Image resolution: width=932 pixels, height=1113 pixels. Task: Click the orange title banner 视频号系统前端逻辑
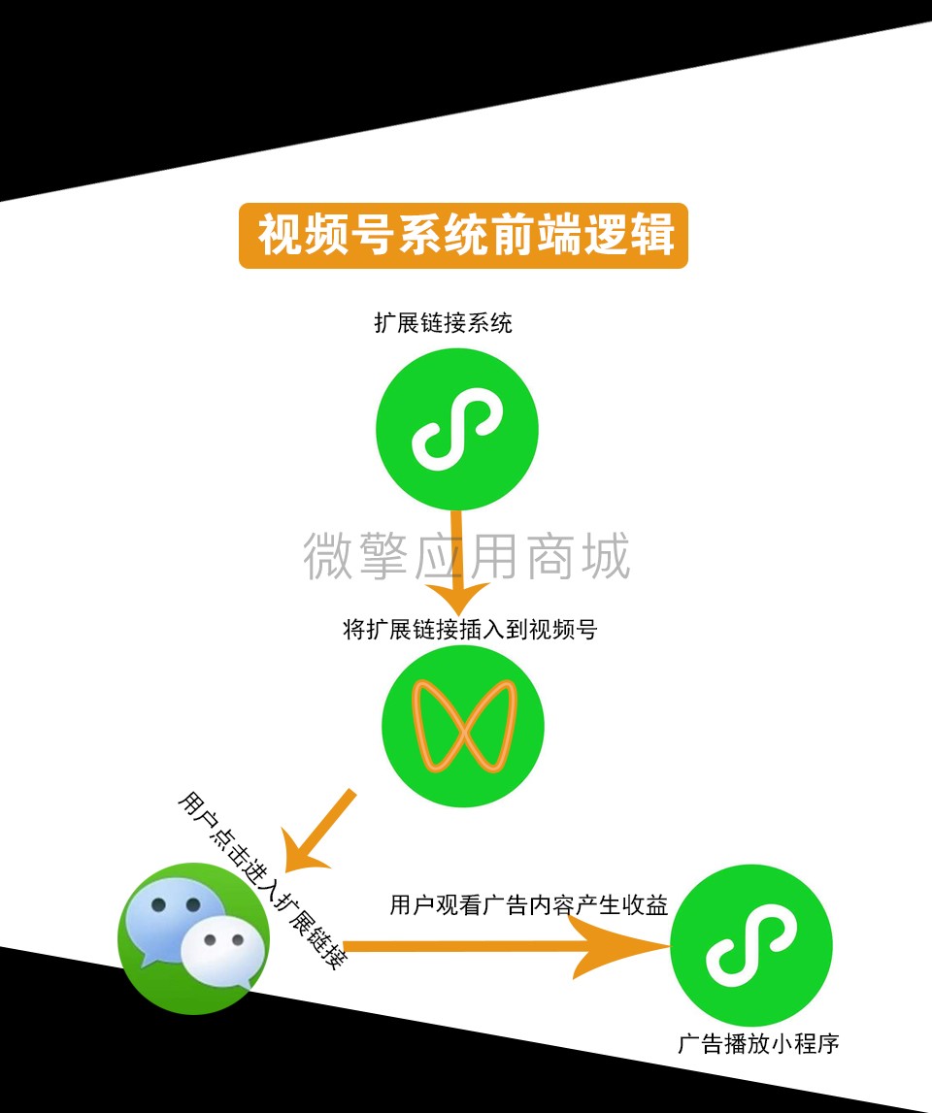(463, 236)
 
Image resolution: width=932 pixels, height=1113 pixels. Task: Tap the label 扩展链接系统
(444, 323)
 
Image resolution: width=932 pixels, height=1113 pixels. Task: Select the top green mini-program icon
(456, 429)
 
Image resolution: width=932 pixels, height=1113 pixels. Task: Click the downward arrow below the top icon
(457, 561)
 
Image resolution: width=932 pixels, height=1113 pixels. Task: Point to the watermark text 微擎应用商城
(467, 556)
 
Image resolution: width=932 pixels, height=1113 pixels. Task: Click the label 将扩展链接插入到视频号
(470, 629)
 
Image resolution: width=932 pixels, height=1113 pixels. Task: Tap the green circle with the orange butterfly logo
(463, 726)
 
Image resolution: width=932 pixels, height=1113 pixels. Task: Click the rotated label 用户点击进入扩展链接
(262, 880)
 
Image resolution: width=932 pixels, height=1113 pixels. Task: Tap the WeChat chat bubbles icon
(194, 938)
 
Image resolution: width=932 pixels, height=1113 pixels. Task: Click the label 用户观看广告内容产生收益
(529, 905)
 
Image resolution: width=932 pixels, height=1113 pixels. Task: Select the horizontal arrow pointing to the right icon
(506, 946)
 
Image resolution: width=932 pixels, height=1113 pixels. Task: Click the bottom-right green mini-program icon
(750, 945)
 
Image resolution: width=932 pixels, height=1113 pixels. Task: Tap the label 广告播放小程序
(758, 1043)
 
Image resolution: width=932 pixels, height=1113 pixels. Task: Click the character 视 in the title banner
(280, 235)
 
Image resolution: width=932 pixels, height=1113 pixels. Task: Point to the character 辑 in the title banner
(652, 235)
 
